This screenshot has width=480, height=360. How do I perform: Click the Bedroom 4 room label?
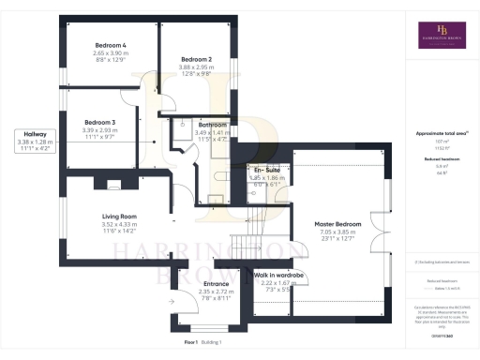(x=111, y=45)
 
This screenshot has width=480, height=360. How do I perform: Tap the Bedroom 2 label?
(x=196, y=59)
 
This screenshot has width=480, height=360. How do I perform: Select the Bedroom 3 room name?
(x=99, y=122)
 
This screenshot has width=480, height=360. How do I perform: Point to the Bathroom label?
(x=213, y=125)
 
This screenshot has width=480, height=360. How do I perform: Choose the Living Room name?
(x=120, y=217)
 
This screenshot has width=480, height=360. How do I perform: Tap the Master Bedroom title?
(x=335, y=224)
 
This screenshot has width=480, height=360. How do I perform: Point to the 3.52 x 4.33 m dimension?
(x=120, y=225)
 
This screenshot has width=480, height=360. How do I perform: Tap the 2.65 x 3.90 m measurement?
(x=111, y=53)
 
